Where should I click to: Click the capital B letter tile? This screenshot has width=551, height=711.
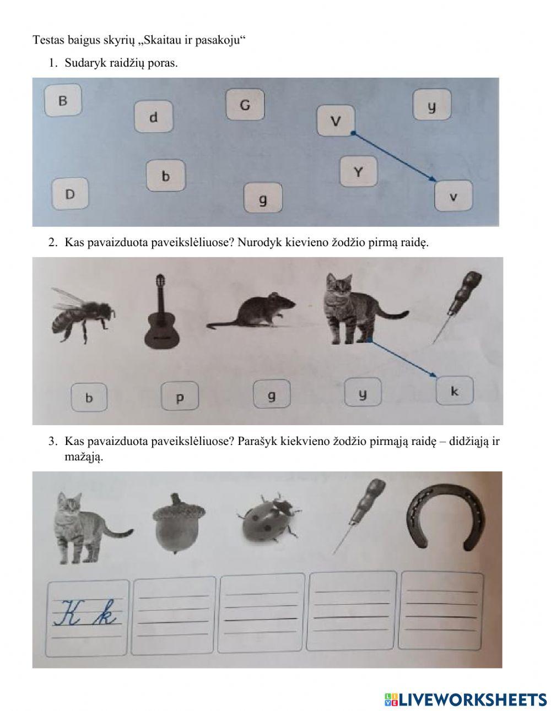pos(63,100)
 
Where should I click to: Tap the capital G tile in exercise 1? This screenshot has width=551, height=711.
pos(245,105)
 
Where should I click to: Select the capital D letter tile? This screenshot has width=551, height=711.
pos(70,194)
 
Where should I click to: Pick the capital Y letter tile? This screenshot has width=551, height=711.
pos(358,171)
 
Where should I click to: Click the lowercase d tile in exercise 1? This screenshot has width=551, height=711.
pos(153,117)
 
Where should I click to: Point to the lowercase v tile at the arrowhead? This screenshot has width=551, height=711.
pos(453,196)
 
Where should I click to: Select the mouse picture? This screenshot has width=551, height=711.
pos(251,312)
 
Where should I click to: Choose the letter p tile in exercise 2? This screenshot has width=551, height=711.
pos(180,397)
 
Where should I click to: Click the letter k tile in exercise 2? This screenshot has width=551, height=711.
pos(455,392)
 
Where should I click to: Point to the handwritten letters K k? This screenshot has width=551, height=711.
pos(85,612)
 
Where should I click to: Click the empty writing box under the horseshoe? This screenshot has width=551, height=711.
pos(442,611)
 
